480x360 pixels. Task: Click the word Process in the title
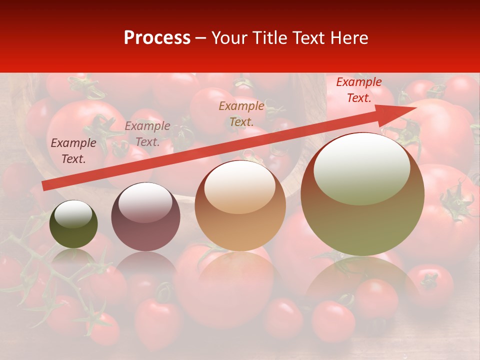[157, 38]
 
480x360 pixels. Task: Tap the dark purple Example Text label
[73, 151]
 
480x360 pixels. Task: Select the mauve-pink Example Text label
[147, 134]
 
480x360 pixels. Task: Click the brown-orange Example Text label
[241, 113]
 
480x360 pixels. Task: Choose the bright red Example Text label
[359, 90]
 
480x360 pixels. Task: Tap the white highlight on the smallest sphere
[73, 214]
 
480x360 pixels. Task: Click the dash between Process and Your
[201, 38]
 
